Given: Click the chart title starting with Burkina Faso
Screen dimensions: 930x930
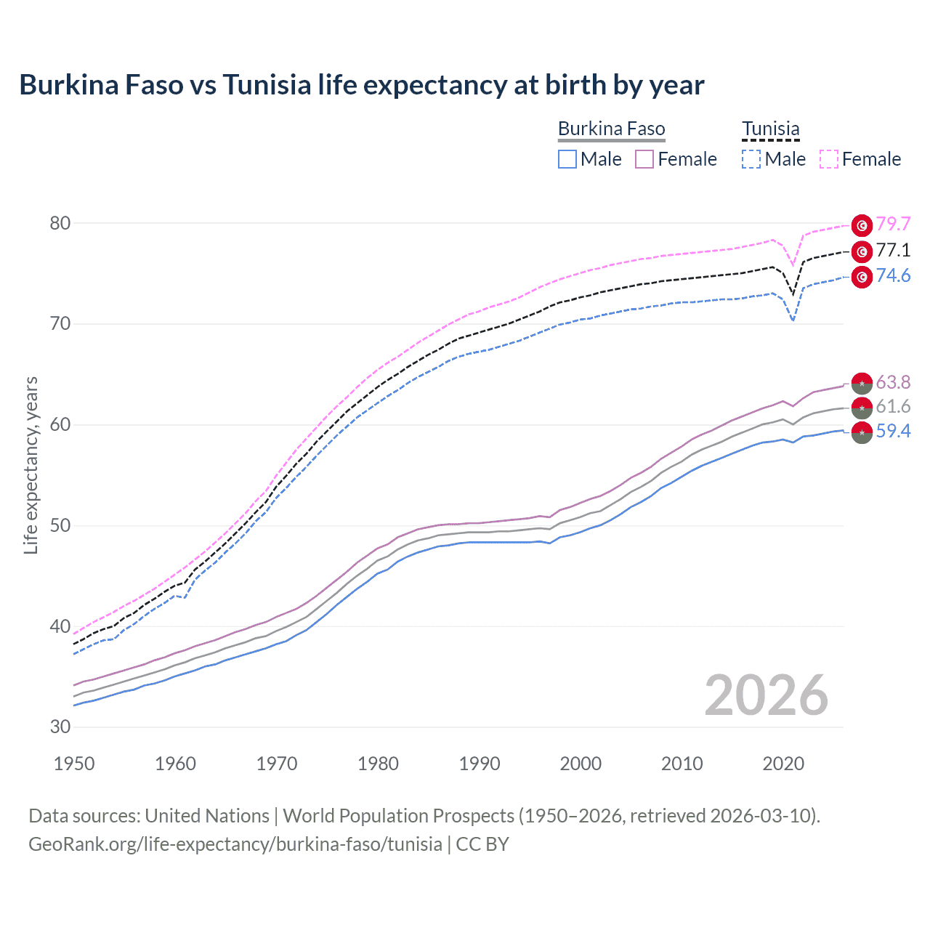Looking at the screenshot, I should (x=361, y=85).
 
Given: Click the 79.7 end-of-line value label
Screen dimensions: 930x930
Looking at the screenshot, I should (x=893, y=225).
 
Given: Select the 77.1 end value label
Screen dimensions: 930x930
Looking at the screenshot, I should (x=893, y=251).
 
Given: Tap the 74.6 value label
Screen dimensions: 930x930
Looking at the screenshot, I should (x=893, y=276).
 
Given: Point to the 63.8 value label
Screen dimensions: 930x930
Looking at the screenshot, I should (x=893, y=382).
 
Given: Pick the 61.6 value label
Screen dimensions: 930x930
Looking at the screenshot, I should (x=893, y=407).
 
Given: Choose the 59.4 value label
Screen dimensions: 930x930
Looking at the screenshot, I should (x=893, y=432).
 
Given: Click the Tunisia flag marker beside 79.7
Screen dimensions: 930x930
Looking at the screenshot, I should (x=862, y=225).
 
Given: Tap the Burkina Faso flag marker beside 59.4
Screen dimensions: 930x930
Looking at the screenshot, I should (x=862, y=432).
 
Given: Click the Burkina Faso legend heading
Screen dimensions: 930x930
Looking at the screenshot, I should (x=611, y=129).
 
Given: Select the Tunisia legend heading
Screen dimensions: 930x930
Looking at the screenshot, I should (x=770, y=129).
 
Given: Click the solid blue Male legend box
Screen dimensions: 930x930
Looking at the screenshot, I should (x=567, y=159).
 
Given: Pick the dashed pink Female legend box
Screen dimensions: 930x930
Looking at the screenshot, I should (x=829, y=159).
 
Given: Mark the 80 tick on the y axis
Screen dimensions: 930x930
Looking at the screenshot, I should (x=60, y=224).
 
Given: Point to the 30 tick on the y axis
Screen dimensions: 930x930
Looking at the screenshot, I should (x=60, y=727).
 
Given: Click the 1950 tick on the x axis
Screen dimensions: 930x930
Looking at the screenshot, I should (x=74, y=764).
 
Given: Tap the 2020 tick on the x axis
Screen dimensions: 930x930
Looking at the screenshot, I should (x=783, y=764).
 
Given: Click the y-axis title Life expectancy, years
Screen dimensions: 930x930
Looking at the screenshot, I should (x=31, y=466).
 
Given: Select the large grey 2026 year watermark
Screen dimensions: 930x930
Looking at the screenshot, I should (x=766, y=695).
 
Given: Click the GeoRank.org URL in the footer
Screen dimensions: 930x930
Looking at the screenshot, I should (x=235, y=844).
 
